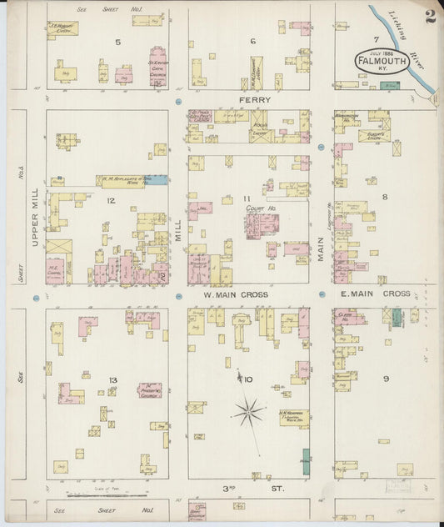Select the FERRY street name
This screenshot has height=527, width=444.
pyautogui.click(x=252, y=99)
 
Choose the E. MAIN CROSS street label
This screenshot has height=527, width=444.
pyautogui.click(x=384, y=294)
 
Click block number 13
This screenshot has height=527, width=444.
pyautogui.click(x=112, y=380)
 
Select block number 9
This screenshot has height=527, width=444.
pyautogui.click(x=386, y=379)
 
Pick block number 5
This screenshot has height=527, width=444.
pyautogui.click(x=117, y=41)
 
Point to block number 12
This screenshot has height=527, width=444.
pyautogui.click(x=109, y=200)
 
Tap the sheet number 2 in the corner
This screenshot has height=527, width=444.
pyautogui.click(x=430, y=17)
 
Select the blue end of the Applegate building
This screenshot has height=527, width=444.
pyautogui.click(x=157, y=179)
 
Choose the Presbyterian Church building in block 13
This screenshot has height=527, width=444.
pyautogui.click(x=151, y=390)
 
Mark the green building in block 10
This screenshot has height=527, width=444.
pyautogui.click(x=306, y=461)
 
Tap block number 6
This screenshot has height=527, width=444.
pyautogui.click(x=252, y=41)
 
